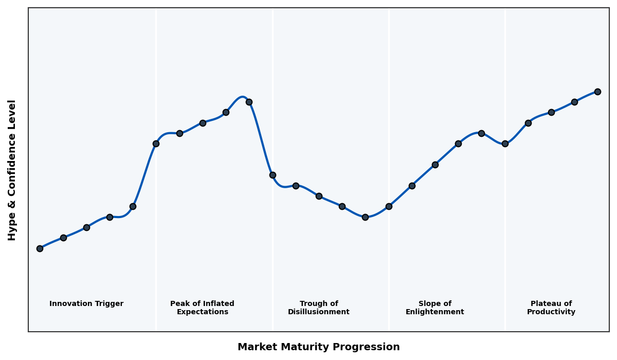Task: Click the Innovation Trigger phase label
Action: tap(86, 304)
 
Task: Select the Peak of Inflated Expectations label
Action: tap(202, 308)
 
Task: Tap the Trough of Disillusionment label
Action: tap(319, 308)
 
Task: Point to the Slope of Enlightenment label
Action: tap(434, 308)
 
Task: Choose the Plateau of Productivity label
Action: tap(551, 308)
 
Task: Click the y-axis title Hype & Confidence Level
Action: tap(12, 170)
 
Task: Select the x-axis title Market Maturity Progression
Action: tap(318, 347)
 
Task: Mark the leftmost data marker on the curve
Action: tap(40, 248)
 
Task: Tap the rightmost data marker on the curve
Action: tap(597, 92)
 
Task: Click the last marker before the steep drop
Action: tap(249, 102)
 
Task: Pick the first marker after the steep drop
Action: tap(273, 175)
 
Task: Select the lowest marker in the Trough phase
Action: tap(365, 217)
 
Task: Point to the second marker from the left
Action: tap(63, 238)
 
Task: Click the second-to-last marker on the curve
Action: tap(574, 102)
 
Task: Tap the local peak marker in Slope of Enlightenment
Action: tap(481, 133)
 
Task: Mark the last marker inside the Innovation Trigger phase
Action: tap(133, 206)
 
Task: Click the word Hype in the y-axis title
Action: tap(12, 228)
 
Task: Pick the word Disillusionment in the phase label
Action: tap(319, 312)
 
